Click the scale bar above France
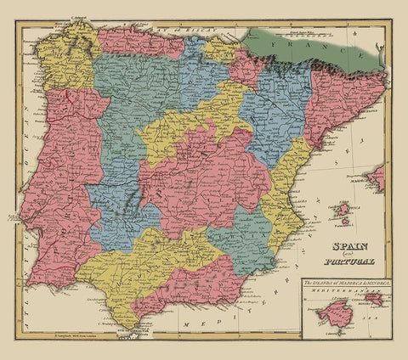click(297, 31)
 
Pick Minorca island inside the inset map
click(371, 300)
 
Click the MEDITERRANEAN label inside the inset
click(336, 290)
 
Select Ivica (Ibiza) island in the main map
click(343, 209)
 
